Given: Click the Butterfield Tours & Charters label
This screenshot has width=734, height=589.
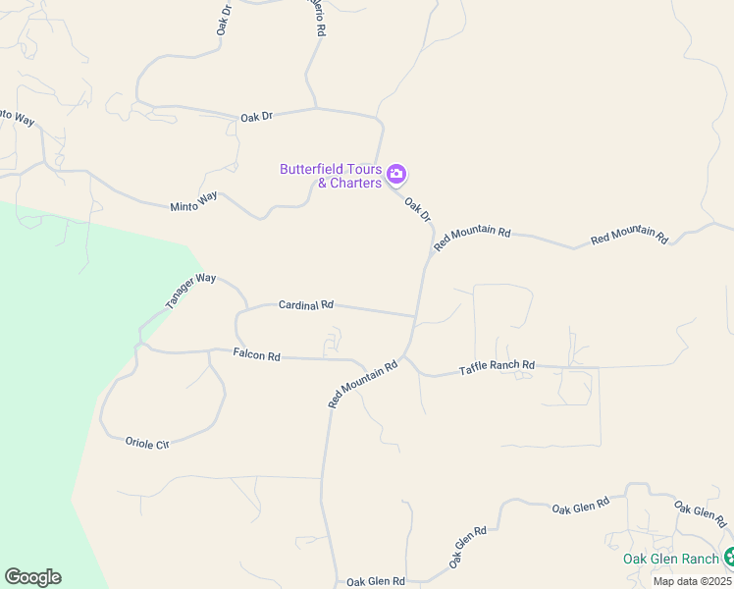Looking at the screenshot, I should (330, 176).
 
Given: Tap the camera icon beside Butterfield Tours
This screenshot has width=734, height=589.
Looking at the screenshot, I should (396, 176).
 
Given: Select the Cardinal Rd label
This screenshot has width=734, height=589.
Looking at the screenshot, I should (306, 305).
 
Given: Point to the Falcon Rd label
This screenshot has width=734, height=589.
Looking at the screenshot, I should (257, 354).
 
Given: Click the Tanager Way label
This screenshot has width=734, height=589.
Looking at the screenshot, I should (190, 292).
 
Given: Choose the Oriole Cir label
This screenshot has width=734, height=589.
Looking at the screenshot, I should (147, 443).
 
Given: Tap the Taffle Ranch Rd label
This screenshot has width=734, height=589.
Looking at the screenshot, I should (498, 368).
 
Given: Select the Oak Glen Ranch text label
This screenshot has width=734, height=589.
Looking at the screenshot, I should (672, 559).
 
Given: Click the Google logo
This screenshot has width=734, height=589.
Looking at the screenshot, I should (32, 577).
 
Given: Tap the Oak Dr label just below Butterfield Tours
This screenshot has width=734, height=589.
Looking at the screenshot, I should (419, 209).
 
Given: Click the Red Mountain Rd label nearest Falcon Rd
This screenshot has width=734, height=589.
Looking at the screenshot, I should (363, 384).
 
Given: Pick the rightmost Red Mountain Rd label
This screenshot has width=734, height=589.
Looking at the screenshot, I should (629, 237).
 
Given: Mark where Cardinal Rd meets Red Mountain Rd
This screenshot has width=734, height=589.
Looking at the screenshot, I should (416, 316).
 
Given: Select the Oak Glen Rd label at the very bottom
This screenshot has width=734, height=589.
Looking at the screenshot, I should (376, 581).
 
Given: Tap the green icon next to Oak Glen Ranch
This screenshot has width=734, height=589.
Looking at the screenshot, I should (728, 559).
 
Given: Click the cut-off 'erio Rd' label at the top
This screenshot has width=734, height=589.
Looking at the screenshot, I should (317, 18).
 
